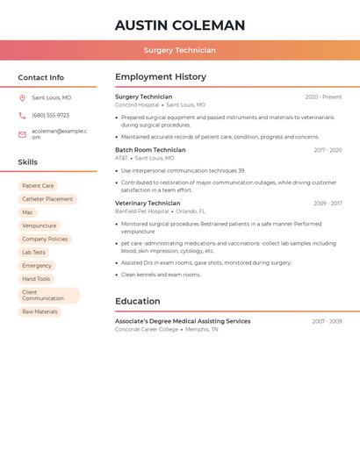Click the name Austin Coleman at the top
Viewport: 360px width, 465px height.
click(180, 25)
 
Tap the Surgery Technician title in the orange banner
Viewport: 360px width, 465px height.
click(180, 50)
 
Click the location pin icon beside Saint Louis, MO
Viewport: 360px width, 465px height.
click(22, 98)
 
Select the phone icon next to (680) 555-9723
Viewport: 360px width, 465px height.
click(22, 115)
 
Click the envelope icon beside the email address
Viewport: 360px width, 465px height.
click(22, 134)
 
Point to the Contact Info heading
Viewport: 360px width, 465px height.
click(41, 77)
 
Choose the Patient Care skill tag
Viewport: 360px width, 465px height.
click(38, 186)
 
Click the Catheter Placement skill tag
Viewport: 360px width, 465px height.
click(47, 199)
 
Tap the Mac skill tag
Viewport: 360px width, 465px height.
click(27, 212)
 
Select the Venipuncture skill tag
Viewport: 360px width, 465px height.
click(39, 225)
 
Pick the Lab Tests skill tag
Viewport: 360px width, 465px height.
click(33, 253)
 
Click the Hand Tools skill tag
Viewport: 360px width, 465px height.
click(36, 279)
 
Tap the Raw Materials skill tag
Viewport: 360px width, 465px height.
click(40, 311)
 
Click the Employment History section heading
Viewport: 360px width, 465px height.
click(161, 77)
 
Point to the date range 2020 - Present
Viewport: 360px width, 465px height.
click(323, 97)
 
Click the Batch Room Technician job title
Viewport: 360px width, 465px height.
click(150, 150)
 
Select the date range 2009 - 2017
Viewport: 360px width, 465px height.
click(328, 204)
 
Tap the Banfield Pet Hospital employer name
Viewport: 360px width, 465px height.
click(141, 211)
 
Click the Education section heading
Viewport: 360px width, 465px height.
click(137, 301)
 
